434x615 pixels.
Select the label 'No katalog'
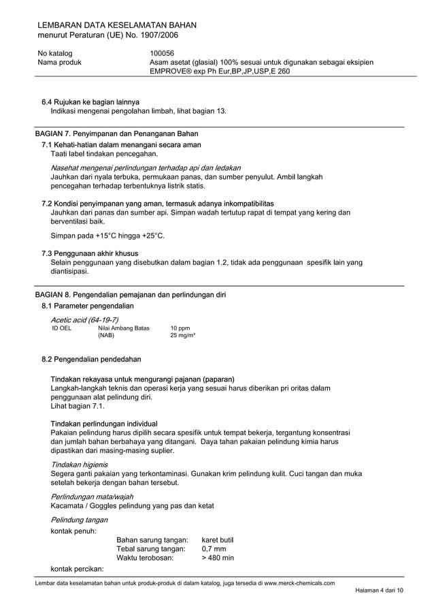[55, 53]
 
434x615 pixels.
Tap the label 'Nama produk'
[60, 63]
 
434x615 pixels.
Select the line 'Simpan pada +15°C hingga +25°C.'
[107, 236]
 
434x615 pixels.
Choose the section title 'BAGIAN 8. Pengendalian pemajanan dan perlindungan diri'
[130, 295]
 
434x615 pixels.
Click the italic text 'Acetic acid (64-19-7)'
[85, 319]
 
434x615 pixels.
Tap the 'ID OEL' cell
[62, 328]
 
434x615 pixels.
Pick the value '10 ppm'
[180, 328]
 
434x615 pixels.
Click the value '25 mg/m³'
[182, 336]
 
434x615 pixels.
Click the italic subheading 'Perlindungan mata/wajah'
[92, 496]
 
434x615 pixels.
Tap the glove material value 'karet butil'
[217, 540]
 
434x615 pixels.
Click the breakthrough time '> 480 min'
[218, 558]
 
